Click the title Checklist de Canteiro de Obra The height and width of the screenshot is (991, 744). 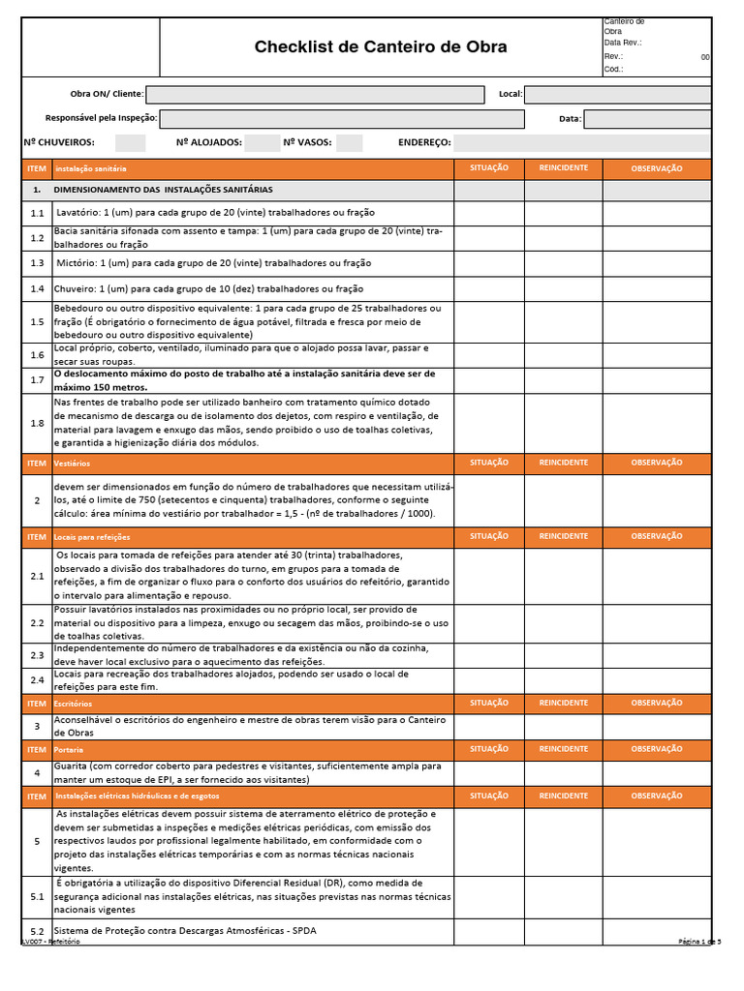click(380, 47)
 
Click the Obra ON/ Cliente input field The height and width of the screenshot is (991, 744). click(315, 95)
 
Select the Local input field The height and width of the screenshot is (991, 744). click(617, 95)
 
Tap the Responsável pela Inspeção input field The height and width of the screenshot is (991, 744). click(341, 119)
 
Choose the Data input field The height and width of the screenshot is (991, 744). click(647, 119)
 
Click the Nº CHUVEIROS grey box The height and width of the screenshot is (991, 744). click(130, 143)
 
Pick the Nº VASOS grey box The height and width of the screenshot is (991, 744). click(350, 143)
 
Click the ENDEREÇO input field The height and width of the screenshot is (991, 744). click(582, 143)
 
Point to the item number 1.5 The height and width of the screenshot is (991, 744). click(37, 322)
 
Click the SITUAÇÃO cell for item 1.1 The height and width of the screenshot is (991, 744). click(489, 213)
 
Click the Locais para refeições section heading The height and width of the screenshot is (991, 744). click(92, 536)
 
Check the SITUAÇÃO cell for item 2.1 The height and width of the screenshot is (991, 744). click(489, 576)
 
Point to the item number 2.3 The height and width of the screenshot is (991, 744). click(37, 655)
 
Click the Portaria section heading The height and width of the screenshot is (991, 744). click(69, 750)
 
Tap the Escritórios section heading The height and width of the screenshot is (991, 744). click(74, 704)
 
